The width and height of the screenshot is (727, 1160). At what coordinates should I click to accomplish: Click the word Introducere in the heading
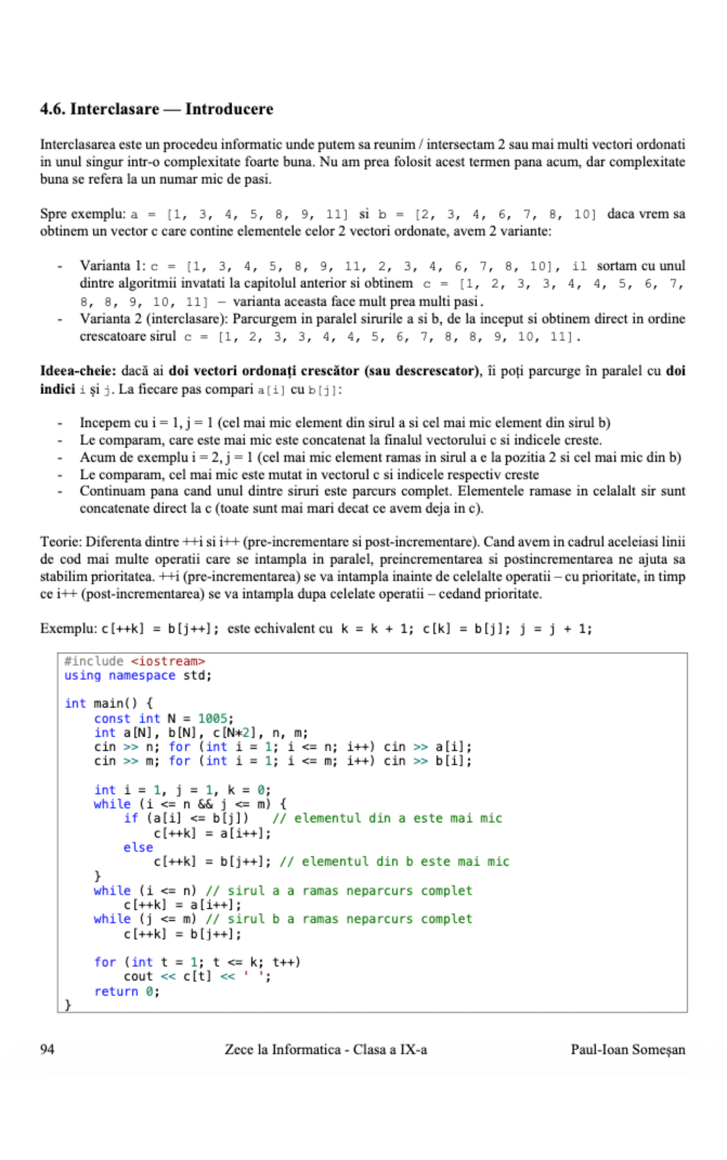(229, 109)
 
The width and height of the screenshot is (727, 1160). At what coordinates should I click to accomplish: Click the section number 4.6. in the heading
(53, 109)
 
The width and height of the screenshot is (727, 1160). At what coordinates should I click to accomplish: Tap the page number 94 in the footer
(47, 1049)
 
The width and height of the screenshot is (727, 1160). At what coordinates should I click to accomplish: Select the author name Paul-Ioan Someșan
(627, 1049)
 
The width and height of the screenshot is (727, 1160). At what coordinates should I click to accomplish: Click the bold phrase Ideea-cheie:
(78, 371)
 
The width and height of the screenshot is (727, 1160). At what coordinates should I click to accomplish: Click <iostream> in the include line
(168, 661)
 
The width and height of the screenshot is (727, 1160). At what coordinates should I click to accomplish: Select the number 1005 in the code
(212, 718)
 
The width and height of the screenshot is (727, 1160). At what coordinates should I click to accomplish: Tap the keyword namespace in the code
(142, 675)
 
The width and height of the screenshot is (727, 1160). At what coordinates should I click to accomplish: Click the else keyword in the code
(138, 847)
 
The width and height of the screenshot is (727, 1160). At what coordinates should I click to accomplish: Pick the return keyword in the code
(116, 991)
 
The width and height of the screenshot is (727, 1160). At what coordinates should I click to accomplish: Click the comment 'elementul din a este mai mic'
(387, 818)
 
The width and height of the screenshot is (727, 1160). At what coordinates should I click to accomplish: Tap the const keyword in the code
(112, 718)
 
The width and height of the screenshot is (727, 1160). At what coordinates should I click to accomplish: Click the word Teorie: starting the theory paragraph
(61, 542)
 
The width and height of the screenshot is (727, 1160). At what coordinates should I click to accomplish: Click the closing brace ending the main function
(68, 1004)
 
